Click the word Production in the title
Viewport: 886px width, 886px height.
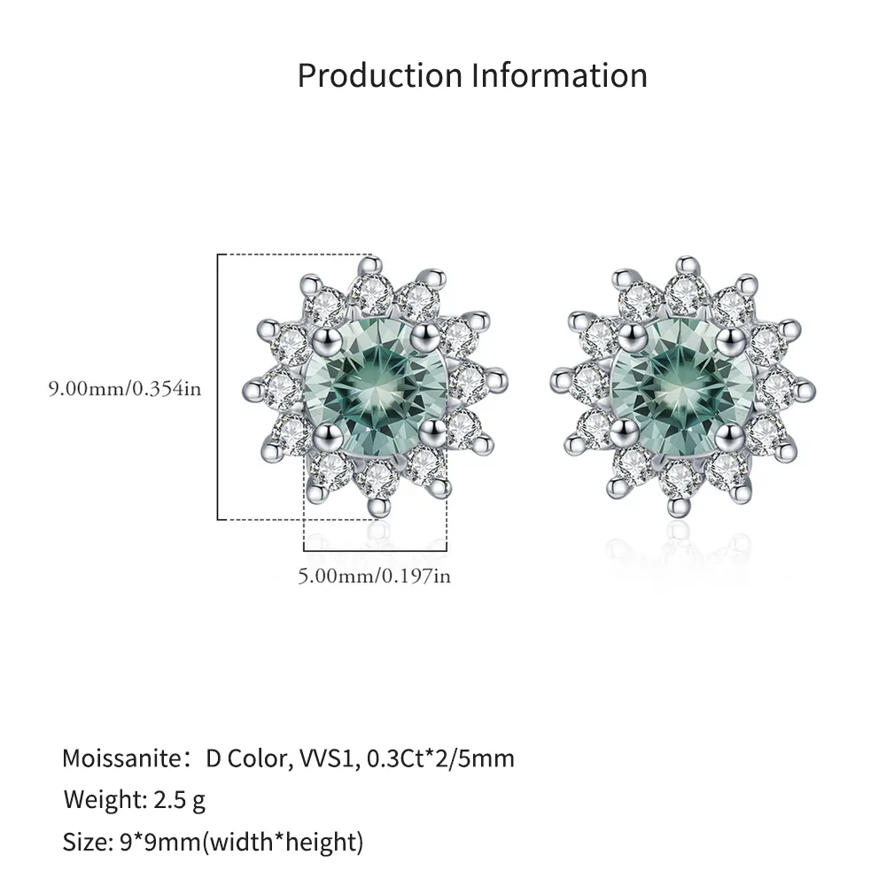click(379, 76)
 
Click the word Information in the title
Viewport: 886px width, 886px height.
click(559, 76)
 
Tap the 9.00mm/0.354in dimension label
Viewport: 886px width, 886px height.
click(124, 389)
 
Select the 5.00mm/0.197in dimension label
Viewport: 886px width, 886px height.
click(374, 576)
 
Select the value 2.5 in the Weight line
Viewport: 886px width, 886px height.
click(172, 801)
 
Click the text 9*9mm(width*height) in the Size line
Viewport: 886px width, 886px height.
click(244, 843)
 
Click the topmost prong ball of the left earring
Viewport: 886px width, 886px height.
click(371, 263)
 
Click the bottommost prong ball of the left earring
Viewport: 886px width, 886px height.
click(378, 507)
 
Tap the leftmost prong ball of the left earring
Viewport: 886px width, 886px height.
click(253, 388)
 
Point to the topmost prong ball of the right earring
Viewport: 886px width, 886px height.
click(687, 264)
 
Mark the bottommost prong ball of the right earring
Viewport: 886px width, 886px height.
click(680, 507)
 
